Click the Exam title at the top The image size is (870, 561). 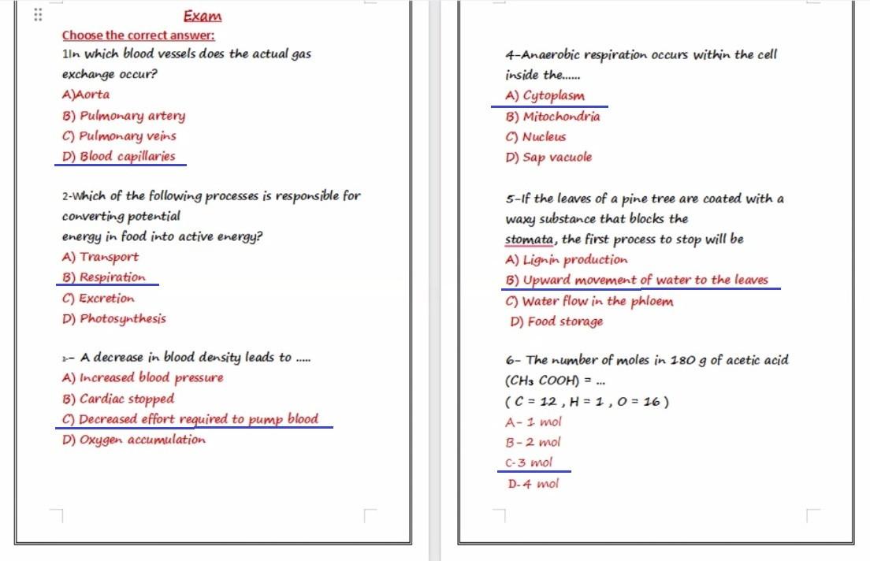[203, 17]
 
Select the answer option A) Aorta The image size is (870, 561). [86, 95]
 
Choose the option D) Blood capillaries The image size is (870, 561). [118, 156]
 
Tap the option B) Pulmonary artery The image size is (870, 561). [123, 116]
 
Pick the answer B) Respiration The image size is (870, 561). [103, 277]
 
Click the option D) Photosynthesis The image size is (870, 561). [113, 318]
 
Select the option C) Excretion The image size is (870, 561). [98, 299]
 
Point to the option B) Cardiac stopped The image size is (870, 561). [117, 399]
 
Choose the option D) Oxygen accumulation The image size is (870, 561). [133, 440]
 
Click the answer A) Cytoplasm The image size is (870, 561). [545, 96]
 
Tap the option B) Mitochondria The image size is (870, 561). [552, 117]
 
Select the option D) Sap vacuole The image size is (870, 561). [548, 157]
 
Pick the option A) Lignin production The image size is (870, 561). [567, 259]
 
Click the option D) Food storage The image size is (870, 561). [556, 321]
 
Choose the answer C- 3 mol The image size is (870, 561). [529, 463]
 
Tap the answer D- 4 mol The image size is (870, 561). [533, 484]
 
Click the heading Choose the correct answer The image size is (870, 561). [138, 35]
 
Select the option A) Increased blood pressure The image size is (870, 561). [142, 378]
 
